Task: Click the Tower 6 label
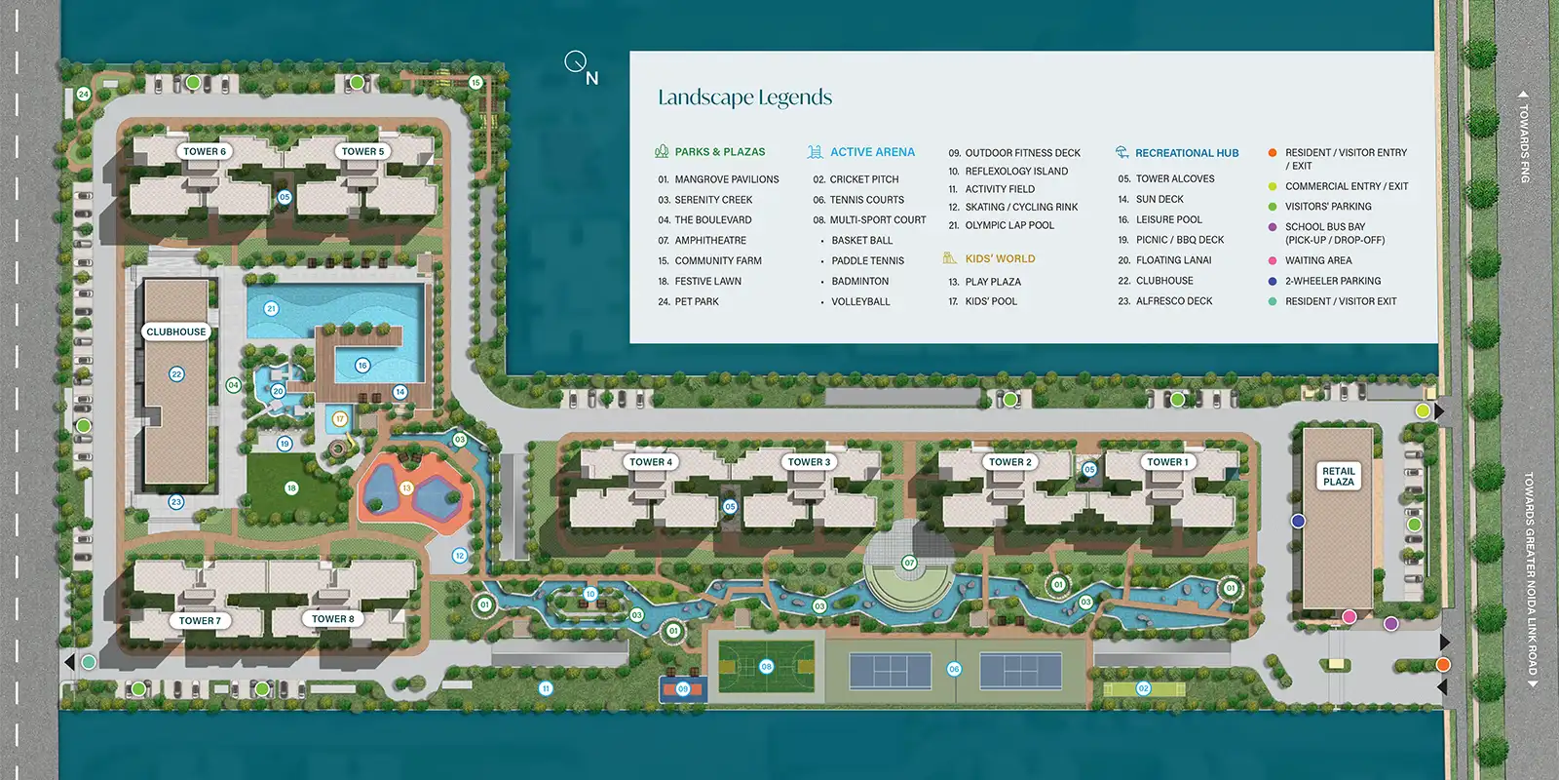[205, 151]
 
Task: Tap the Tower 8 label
[333, 618]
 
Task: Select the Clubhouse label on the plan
[176, 331]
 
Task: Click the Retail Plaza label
[1338, 476]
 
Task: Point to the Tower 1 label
[1167, 462]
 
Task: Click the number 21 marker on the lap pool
[271, 308]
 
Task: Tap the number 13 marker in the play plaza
[406, 487]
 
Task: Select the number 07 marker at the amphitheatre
[909, 563]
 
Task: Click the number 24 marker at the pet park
[84, 95]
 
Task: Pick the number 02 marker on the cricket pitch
[1143, 688]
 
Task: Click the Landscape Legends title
[744, 97]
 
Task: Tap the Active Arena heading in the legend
[872, 152]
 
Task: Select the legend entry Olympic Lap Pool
[1009, 225]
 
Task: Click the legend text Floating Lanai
[1173, 260]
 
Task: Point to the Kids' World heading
[1000, 258]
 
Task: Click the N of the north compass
[591, 78]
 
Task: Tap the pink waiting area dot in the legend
[1273, 260]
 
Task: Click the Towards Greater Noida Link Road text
[1530, 575]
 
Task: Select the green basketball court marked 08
[766, 667]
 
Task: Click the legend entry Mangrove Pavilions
[726, 179]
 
